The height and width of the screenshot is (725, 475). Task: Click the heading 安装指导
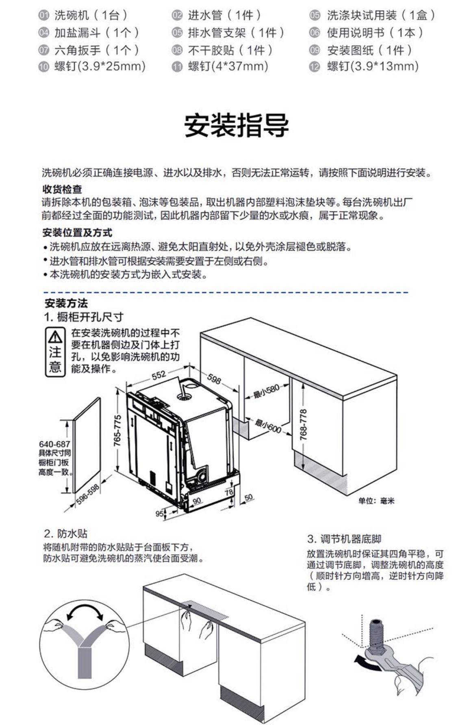236,125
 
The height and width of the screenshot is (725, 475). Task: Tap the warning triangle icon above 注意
55,337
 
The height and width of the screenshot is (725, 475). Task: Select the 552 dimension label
159,374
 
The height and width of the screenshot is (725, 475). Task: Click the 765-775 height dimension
117,430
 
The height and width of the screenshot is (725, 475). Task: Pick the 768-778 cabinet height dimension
304,424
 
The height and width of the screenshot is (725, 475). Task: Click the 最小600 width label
268,425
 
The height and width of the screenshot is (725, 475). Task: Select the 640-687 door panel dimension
54,444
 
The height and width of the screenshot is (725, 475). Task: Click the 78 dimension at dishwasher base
229,492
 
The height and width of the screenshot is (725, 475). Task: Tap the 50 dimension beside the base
248,497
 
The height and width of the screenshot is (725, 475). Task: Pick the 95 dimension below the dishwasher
160,514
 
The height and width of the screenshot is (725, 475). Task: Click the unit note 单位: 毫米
376,501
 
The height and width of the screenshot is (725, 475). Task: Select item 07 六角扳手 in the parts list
89,50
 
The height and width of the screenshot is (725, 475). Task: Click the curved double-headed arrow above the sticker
85,612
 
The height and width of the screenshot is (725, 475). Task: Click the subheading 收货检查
62,189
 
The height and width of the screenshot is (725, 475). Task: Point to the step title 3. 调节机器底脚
344,539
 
